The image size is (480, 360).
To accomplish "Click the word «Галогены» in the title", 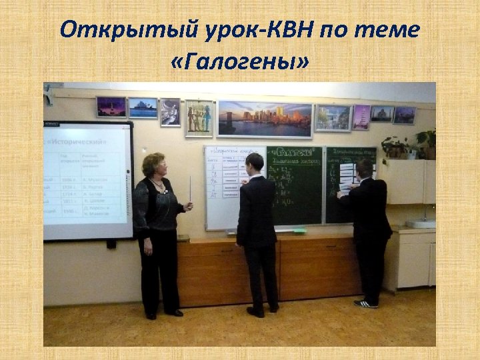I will (239, 64).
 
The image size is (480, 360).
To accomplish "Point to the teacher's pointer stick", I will (191, 193).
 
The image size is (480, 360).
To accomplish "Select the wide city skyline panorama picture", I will (265, 119).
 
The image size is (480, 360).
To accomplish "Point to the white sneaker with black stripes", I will (365, 303).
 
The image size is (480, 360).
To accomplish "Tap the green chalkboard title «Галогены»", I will (293, 151).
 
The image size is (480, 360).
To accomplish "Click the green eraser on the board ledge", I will (300, 231).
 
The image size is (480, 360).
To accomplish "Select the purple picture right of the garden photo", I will (361, 116).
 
